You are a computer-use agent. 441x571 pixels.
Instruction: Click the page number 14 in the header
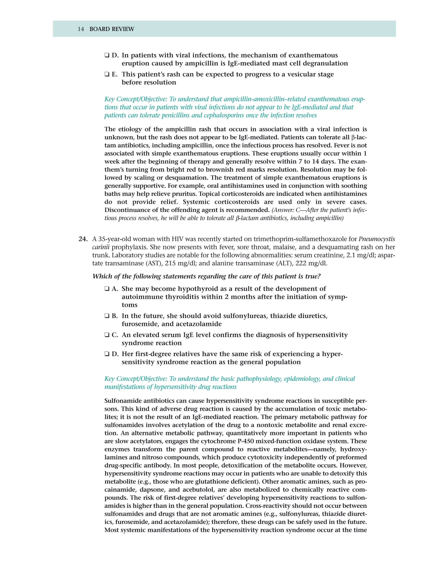[81, 29]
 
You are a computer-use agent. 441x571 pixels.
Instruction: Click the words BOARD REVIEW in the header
[112, 29]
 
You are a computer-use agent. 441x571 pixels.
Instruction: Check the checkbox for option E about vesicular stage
[107, 75]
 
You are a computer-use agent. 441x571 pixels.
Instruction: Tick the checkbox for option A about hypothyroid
[107, 289]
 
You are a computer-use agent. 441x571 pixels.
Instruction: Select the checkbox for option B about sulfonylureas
[107, 316]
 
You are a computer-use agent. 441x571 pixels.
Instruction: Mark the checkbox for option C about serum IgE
[107, 335]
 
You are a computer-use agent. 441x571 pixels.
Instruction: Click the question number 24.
[83, 239]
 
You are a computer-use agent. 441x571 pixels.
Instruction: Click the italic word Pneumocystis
[376, 239]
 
